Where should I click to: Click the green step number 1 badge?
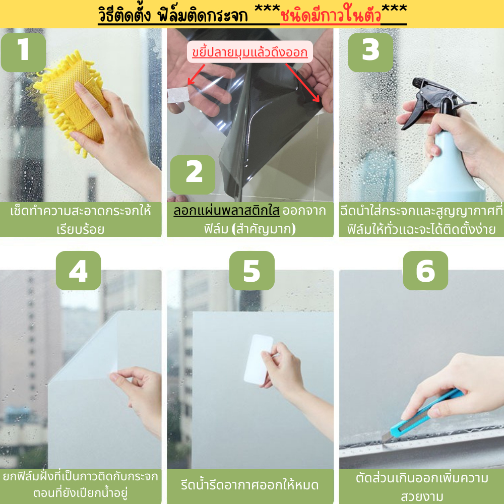24,52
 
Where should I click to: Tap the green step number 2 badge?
193,175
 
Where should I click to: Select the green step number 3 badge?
370,52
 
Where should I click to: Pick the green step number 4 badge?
79,271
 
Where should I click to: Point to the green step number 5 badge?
252,271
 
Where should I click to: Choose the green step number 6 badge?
425,271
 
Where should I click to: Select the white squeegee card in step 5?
258,359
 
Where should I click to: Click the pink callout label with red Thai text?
250,52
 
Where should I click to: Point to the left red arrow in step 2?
196,75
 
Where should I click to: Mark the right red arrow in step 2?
303,83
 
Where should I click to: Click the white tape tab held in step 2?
178,95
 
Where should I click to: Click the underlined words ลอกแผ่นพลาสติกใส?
227,211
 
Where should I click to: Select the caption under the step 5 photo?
250,485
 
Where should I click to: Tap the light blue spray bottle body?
447,167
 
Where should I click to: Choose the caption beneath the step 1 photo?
80,220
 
